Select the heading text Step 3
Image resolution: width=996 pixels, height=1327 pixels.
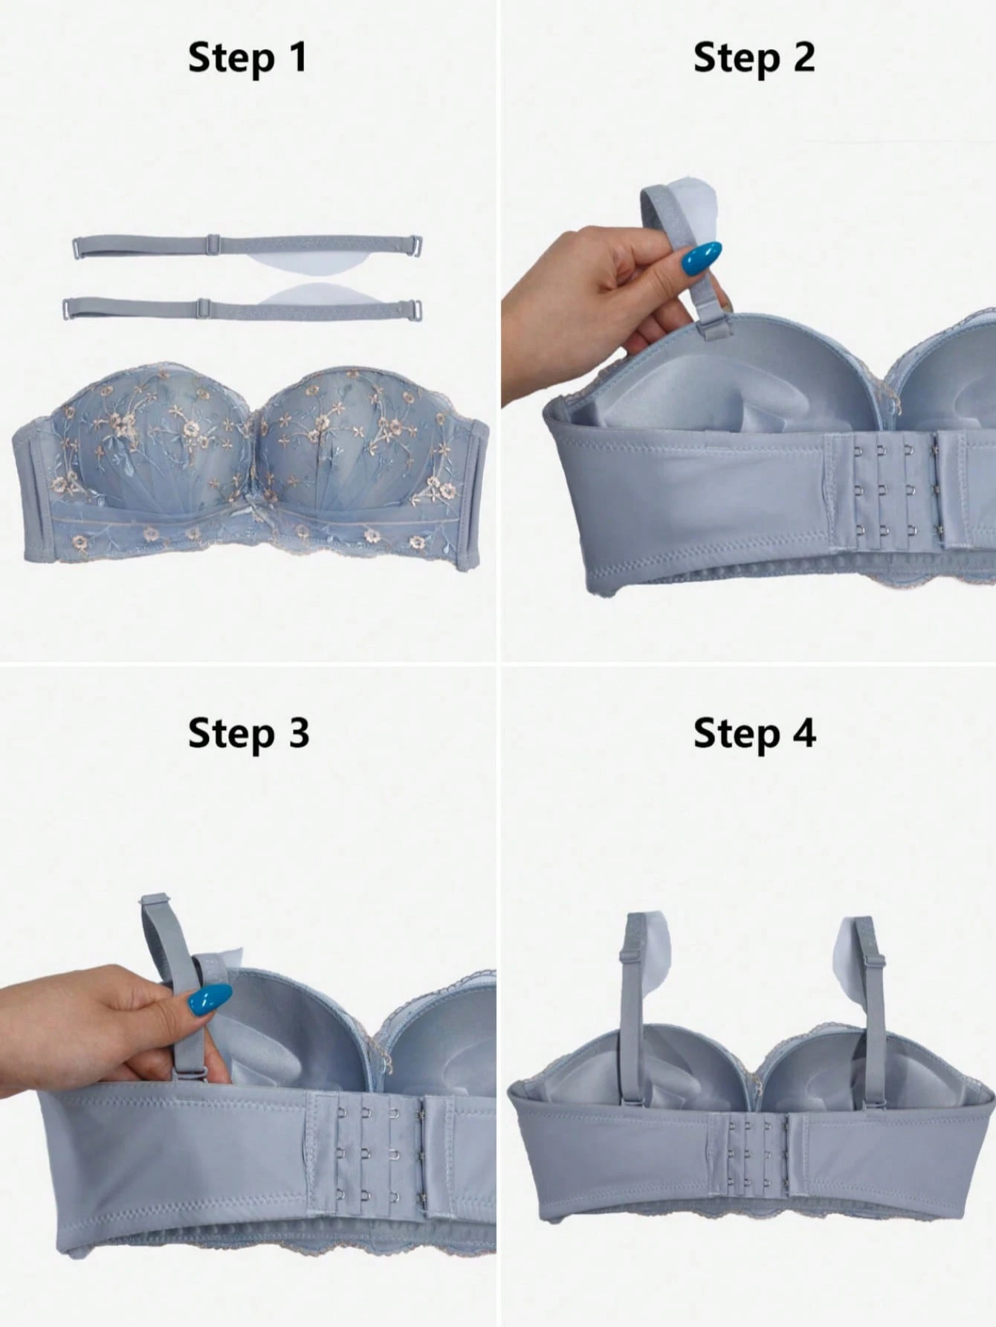[248, 734]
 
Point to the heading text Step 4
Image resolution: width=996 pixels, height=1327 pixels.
[754, 734]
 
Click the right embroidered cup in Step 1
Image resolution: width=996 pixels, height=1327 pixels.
[355, 440]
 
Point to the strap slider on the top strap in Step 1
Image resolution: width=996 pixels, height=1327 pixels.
[213, 243]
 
